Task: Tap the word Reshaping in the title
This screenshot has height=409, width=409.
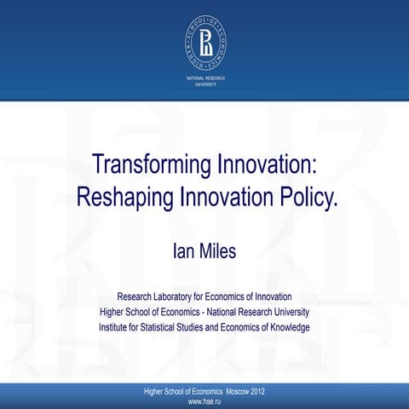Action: (x=124, y=198)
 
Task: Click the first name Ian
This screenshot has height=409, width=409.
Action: (x=181, y=251)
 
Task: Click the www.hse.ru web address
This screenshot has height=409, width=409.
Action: (x=204, y=400)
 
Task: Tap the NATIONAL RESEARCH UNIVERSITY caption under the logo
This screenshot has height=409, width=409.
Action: (x=204, y=83)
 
